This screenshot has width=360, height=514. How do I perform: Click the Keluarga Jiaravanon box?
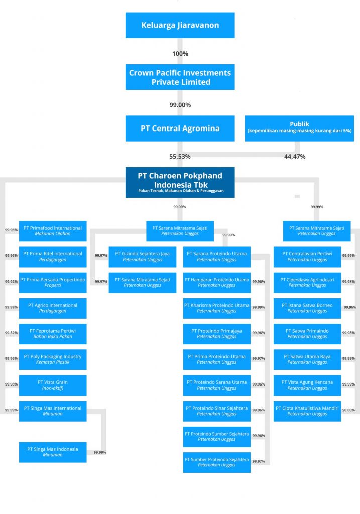coord(180,25)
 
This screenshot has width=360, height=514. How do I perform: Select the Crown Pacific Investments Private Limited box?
coord(180,77)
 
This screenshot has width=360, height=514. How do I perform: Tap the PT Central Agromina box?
coord(180,128)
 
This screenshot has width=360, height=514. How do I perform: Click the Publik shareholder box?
coord(299,128)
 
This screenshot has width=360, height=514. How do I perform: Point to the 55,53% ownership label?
coord(180,157)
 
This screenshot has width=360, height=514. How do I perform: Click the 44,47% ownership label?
coord(295,157)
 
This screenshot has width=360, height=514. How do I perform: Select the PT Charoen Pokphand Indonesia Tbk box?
coord(180,182)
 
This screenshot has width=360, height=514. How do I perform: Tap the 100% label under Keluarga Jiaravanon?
coord(180,54)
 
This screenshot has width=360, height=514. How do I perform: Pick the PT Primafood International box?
coord(53,231)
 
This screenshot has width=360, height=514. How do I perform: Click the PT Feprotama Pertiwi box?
coord(53,334)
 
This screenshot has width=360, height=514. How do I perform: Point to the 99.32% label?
coord(11,333)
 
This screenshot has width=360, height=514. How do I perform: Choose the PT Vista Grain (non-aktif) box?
coord(53,385)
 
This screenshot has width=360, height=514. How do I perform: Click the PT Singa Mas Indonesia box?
coord(53,452)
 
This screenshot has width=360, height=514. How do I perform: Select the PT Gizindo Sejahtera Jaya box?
coord(143,256)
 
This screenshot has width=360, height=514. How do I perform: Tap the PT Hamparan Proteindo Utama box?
coord(216,282)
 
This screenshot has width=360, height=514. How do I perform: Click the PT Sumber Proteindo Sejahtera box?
coord(216,462)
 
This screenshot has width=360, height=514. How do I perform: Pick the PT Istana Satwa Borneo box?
coord(307,308)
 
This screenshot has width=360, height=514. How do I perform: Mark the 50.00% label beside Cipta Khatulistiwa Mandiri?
coord(348,410)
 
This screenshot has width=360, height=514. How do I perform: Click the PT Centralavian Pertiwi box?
coord(307,256)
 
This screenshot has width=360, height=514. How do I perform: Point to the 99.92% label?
coord(11,282)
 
